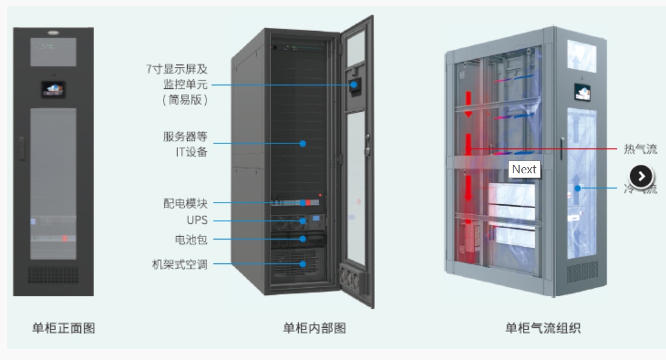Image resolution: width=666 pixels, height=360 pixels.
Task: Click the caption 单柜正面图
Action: [63, 328]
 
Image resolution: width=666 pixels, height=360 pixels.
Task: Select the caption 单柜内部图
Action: [314, 328]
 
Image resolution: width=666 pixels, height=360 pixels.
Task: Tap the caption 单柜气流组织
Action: [543, 328]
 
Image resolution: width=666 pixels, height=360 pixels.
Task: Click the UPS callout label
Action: [197, 220]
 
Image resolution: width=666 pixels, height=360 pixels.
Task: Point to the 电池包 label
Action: [191, 240]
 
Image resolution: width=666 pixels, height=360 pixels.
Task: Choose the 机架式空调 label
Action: [179, 264]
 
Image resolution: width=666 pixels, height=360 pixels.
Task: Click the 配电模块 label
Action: [185, 203]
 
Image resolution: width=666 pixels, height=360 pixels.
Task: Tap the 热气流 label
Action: [640, 149]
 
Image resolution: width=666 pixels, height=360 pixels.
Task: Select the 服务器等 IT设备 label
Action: [185, 144]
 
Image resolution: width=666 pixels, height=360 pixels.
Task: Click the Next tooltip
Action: [524, 170]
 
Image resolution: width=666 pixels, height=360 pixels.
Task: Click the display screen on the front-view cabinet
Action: [53, 89]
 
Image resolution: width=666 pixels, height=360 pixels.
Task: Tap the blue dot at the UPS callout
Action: [303, 221]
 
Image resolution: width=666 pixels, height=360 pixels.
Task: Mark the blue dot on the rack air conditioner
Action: [303, 264]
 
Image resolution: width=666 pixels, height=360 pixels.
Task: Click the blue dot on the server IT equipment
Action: [303, 144]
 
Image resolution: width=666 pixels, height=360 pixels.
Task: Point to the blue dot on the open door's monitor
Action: [354, 85]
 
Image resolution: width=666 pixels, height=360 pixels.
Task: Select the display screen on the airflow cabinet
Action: [583, 93]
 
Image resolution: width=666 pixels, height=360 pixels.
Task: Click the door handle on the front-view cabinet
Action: [22, 147]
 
